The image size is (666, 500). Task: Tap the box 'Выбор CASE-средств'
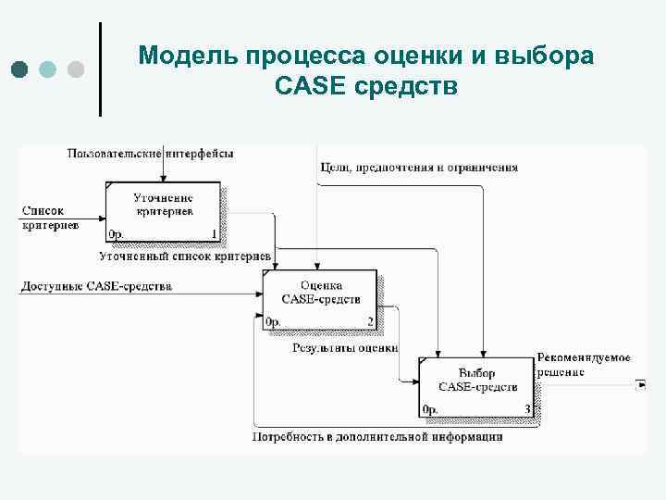pyautogui.click(x=476, y=384)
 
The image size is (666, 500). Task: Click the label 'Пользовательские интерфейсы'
pyautogui.click(x=150, y=153)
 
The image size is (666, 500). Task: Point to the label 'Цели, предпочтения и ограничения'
pyautogui.click(x=419, y=169)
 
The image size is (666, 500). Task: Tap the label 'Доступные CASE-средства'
pyautogui.click(x=96, y=287)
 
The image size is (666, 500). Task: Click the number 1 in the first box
pyautogui.click(x=215, y=234)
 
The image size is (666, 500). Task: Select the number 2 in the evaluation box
pyautogui.click(x=370, y=322)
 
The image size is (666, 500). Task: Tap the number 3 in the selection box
pyautogui.click(x=526, y=409)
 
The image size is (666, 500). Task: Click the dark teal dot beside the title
pyautogui.click(x=21, y=69)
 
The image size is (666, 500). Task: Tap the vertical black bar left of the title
pyautogui.click(x=100, y=69)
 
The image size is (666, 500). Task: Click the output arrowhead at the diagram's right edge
pyautogui.click(x=640, y=384)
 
